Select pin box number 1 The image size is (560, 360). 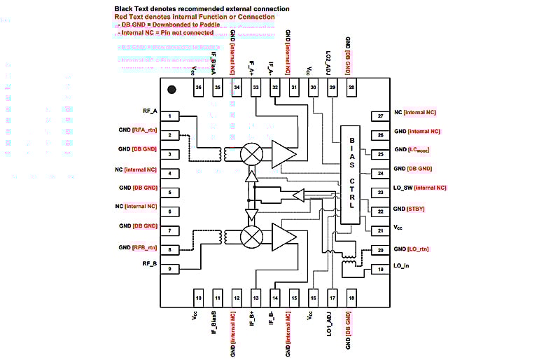(170, 116)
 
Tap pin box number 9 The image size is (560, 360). (170, 268)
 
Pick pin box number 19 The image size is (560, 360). (380, 269)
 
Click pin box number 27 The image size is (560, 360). (380, 116)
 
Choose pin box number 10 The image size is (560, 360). (199, 298)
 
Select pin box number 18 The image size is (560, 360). (351, 298)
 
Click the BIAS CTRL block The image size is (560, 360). (351, 175)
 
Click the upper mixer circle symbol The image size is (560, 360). (251, 154)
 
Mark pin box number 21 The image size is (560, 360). (380, 230)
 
